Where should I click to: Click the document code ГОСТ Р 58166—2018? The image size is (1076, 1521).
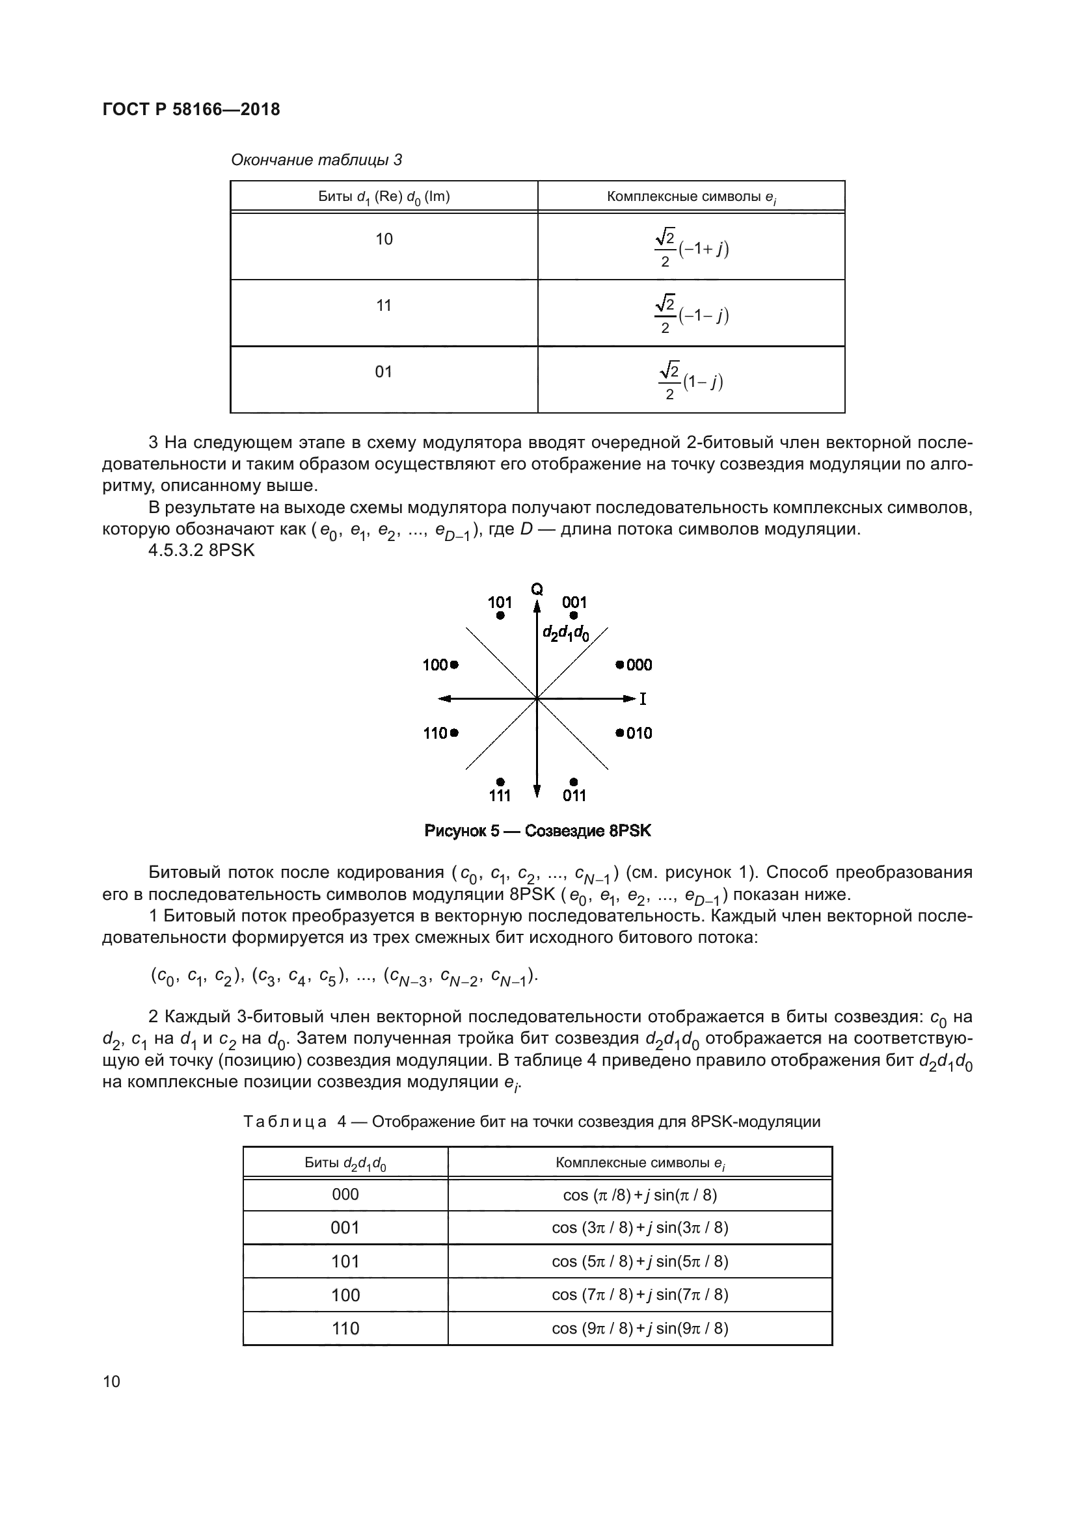191,109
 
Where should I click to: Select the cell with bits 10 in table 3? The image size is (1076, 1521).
384,240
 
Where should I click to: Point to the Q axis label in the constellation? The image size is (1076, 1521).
537,589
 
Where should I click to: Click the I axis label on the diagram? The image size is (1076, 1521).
643,699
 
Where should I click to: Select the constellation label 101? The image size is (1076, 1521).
500,602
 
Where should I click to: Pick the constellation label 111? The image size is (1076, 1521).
500,795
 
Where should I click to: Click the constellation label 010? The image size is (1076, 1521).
639,733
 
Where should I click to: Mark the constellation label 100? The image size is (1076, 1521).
435,665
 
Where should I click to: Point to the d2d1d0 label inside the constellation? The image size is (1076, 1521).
566,633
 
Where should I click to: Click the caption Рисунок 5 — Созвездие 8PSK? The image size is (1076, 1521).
537,830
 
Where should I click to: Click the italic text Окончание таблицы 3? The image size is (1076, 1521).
316,160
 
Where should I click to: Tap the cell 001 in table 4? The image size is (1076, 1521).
345,1228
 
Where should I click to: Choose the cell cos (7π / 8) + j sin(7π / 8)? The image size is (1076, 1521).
639,1295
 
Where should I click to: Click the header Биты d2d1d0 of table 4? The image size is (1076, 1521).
345,1163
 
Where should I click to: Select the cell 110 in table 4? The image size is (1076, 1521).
345,1329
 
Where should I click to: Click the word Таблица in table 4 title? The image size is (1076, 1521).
285,1122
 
